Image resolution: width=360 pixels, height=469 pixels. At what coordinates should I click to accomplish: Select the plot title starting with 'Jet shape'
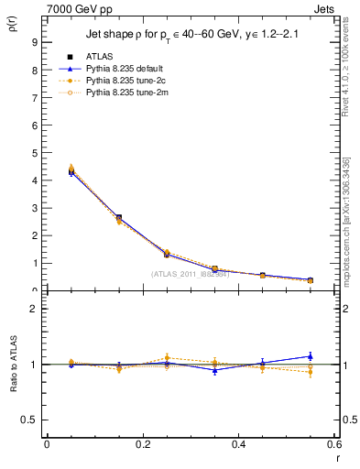188,35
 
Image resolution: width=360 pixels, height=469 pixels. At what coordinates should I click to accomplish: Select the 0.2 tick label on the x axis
143,444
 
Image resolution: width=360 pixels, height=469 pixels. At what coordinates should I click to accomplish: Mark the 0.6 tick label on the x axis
334,444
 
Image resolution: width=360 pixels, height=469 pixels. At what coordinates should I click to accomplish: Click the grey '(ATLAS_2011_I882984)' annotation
190,274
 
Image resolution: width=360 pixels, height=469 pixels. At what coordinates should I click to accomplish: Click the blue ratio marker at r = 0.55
311,356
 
